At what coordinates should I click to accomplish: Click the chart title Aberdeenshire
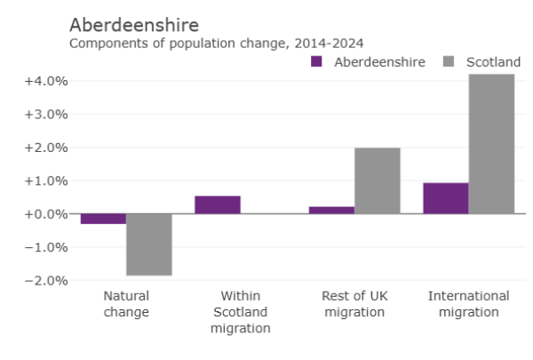pyautogui.click(x=133, y=24)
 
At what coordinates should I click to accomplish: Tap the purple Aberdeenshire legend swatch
pyautogui.click(x=316, y=61)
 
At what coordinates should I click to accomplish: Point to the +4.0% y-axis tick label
pyautogui.click(x=45, y=81)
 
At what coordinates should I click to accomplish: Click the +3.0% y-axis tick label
pyautogui.click(x=45, y=115)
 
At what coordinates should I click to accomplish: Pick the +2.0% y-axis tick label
pyautogui.click(x=45, y=148)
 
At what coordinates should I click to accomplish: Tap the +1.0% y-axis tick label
pyautogui.click(x=45, y=180)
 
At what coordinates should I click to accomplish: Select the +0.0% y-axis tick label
pyautogui.click(x=45, y=214)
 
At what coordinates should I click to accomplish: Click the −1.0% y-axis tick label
pyautogui.click(x=45, y=247)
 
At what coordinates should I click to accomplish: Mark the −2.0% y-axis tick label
pyautogui.click(x=45, y=280)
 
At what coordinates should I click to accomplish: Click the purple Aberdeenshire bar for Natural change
pyautogui.click(x=103, y=219)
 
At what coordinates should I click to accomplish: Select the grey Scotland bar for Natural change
pyautogui.click(x=149, y=244)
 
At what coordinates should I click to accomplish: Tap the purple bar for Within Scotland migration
pyautogui.click(x=218, y=204)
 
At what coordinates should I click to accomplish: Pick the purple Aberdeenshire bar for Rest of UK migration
pyautogui.click(x=331, y=210)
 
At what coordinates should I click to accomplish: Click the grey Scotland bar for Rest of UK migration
pyautogui.click(x=378, y=180)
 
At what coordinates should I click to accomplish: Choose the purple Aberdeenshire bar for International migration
pyautogui.click(x=446, y=198)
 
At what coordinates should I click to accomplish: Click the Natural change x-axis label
pyautogui.click(x=126, y=304)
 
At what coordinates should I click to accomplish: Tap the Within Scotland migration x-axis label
pyautogui.click(x=240, y=312)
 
